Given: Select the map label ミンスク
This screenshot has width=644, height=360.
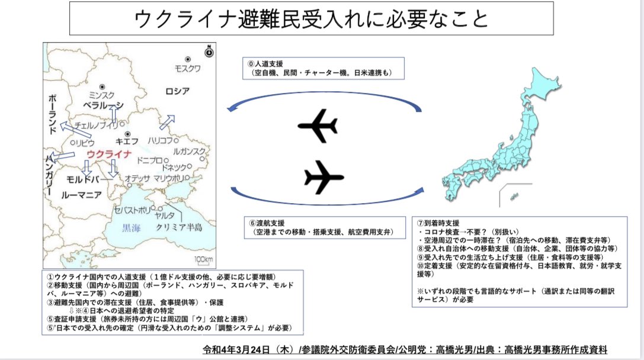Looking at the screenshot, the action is (x=101, y=95).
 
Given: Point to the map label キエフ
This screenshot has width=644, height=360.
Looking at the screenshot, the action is (x=127, y=141).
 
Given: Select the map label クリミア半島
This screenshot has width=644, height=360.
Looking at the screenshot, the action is (x=180, y=227).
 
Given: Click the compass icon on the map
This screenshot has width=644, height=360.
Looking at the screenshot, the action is (x=209, y=52).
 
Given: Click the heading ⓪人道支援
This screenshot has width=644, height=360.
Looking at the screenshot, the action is (x=265, y=63).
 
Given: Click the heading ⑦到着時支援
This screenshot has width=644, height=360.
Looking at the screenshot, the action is (x=438, y=223).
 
